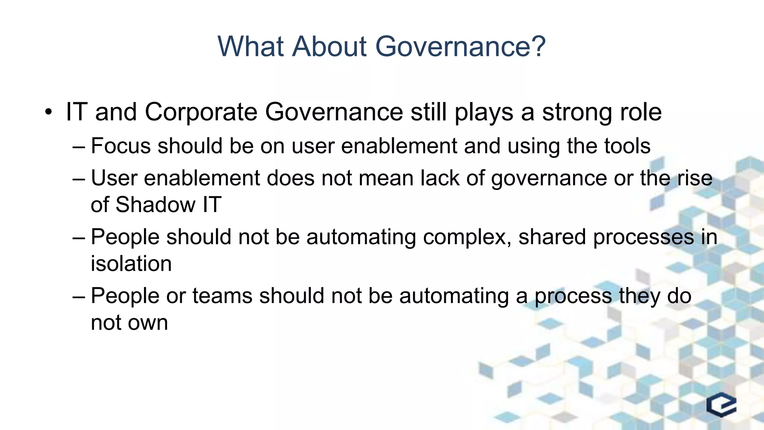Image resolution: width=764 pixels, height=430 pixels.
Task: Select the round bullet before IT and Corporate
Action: [x=48, y=112]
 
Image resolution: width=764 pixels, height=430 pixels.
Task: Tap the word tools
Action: [x=627, y=146]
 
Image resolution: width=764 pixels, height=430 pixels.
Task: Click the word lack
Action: [x=440, y=178]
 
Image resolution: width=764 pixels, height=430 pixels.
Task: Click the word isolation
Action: [x=131, y=264]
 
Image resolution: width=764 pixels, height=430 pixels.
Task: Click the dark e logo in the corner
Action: [x=721, y=405]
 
